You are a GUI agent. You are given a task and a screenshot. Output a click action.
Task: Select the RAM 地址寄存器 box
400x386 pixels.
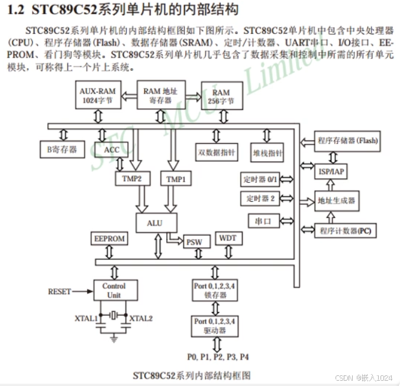(160, 96)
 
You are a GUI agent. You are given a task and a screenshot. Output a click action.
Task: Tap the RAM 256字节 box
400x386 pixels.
(221, 97)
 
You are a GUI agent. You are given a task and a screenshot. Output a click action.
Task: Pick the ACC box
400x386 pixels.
(112, 150)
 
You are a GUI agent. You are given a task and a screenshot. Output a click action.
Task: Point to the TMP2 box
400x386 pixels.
(132, 179)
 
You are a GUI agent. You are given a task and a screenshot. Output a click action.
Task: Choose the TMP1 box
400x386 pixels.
(176, 179)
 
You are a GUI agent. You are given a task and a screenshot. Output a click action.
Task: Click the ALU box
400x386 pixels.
(154, 223)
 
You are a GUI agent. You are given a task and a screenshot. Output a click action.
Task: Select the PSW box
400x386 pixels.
(193, 242)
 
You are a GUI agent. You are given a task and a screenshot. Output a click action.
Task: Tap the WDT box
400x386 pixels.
(228, 239)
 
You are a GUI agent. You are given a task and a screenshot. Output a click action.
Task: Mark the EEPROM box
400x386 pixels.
(109, 239)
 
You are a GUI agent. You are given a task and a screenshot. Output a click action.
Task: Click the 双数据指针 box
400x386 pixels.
(217, 152)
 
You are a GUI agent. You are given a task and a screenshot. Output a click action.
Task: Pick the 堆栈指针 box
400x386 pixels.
(267, 153)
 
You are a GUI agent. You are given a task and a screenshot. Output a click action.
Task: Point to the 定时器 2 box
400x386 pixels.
(259, 198)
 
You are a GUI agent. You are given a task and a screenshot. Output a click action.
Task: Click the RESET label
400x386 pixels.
(59, 291)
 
